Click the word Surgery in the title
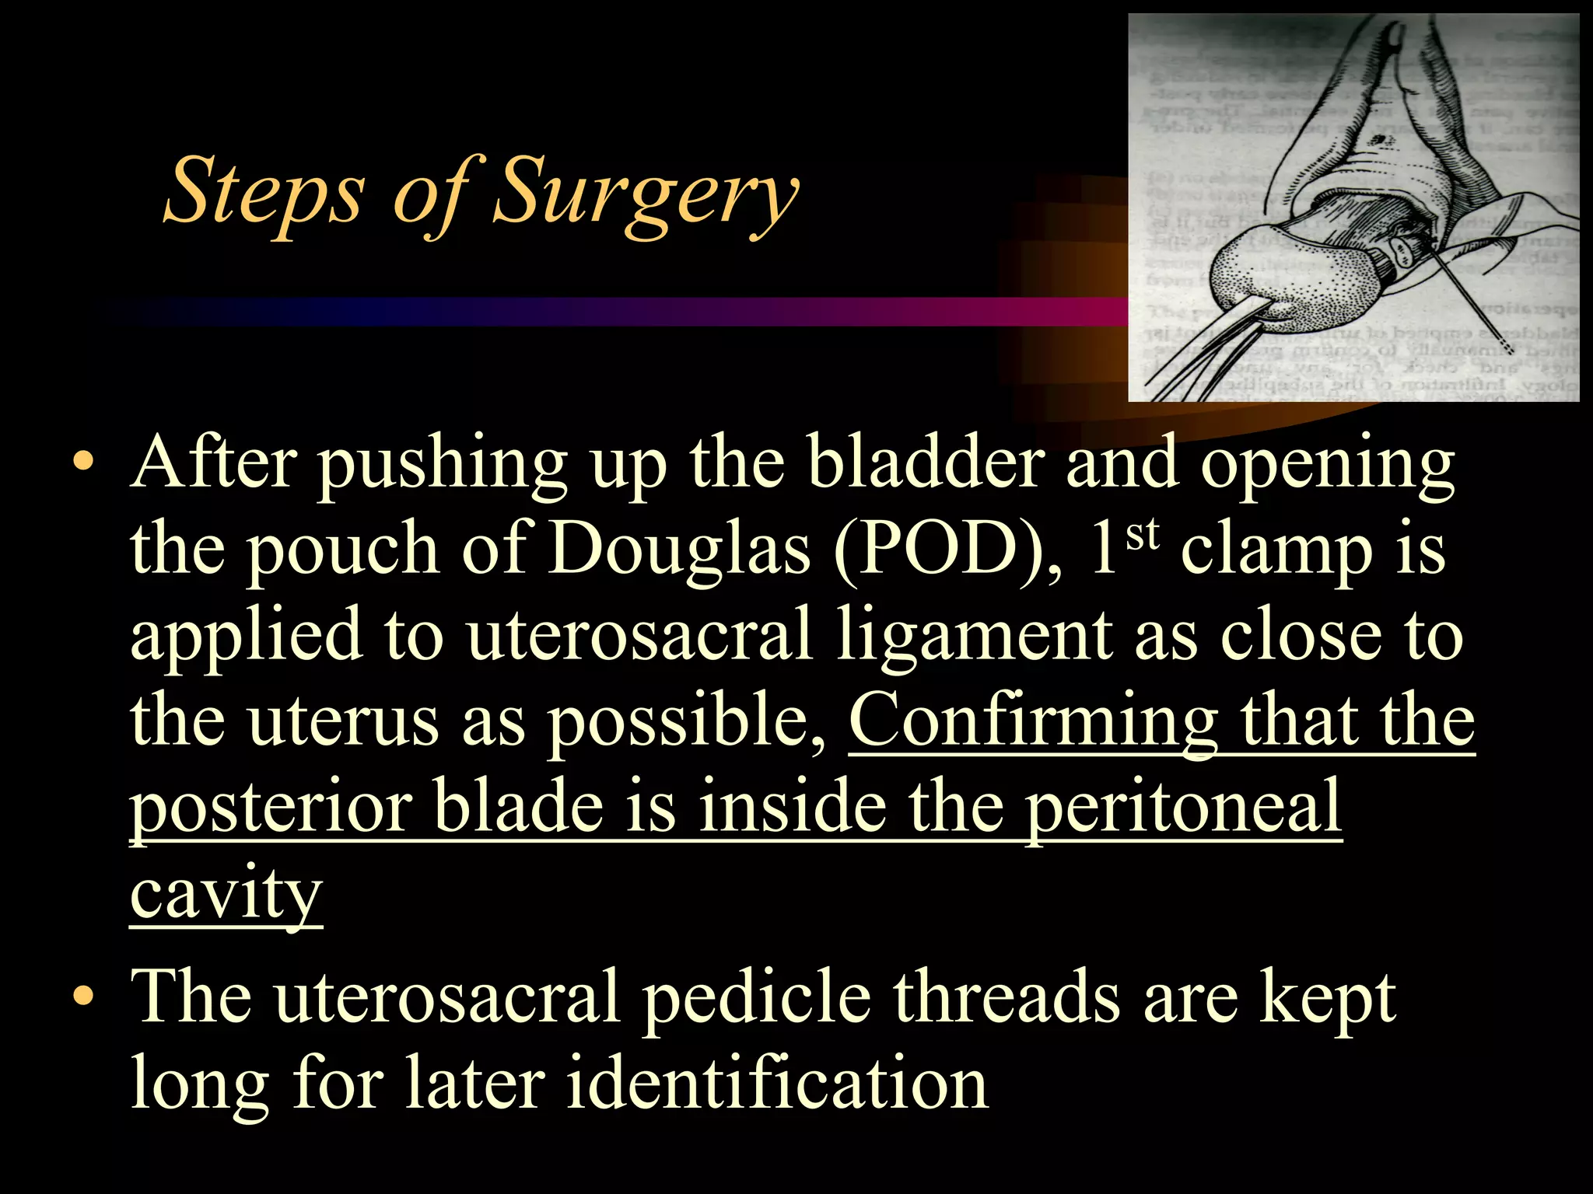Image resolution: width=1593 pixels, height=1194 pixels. pyautogui.click(x=646, y=190)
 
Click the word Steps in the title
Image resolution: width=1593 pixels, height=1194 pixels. pyautogui.click(x=264, y=190)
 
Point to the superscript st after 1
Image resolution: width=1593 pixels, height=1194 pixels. pyautogui.click(x=1143, y=535)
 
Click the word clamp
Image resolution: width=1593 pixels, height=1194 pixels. pyautogui.click(x=1276, y=552)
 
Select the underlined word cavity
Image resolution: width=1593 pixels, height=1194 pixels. pyautogui.click(x=226, y=894)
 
